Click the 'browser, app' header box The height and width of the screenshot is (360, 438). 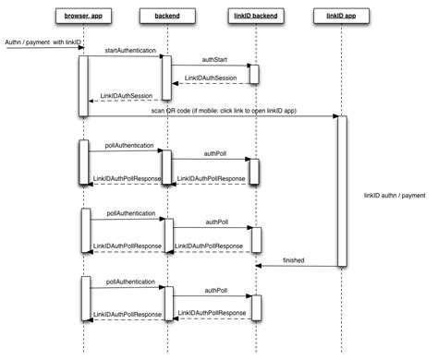pos(83,16)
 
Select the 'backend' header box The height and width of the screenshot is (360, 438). pos(167,16)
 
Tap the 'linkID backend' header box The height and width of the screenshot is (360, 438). pos(254,16)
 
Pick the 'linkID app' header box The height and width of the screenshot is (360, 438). pos(341,16)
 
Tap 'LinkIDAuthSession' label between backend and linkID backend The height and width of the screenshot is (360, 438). pos(212,78)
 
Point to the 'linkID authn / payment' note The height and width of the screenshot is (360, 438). pos(395,195)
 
